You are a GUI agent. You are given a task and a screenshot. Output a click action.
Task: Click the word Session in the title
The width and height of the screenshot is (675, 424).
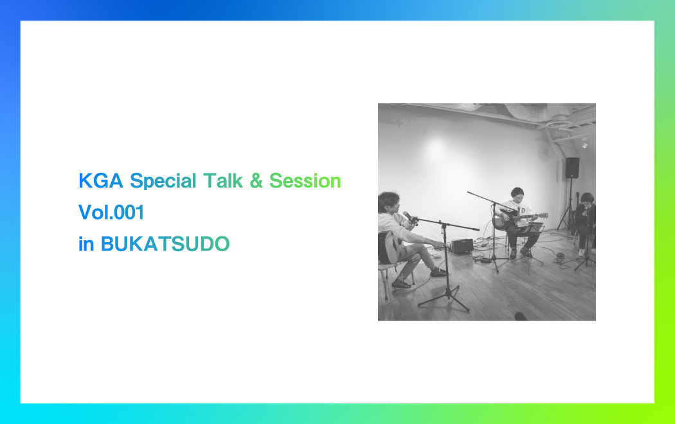coord(305,181)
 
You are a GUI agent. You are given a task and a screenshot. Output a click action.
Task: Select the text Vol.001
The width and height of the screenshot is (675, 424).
coord(111,213)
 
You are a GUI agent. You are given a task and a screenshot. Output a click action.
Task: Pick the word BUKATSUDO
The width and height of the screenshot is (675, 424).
coord(165,245)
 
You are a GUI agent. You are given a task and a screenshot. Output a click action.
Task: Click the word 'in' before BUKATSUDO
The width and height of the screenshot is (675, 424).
coord(85,245)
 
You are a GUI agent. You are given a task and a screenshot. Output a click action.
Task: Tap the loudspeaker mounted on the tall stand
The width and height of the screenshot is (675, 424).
coord(571,167)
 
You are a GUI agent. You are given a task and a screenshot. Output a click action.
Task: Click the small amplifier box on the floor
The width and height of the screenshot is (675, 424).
coord(462,245)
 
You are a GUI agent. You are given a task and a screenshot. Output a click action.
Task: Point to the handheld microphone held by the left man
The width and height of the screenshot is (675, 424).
coord(408,217)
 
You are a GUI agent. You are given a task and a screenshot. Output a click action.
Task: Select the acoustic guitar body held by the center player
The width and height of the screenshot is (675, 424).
coord(505,221)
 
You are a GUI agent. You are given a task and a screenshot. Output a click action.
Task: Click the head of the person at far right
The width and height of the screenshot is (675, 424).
coord(585,198)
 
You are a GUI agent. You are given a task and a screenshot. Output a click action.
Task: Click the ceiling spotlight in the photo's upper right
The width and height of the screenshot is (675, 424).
coord(584,143)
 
